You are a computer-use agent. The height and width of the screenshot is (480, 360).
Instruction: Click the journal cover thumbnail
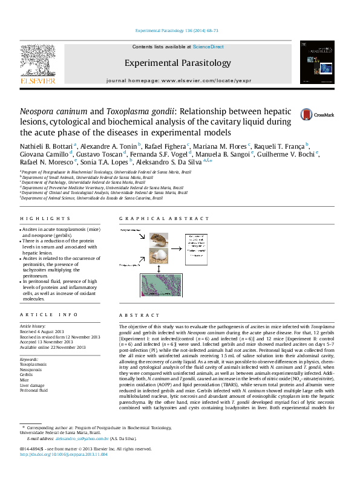316,62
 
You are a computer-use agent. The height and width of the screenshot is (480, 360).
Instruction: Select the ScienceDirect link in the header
208,47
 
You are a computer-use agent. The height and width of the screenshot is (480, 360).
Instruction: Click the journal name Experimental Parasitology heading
177,63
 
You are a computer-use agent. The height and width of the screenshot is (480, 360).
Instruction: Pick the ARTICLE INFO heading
41,314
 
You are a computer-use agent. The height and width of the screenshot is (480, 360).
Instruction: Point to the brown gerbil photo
159,241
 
